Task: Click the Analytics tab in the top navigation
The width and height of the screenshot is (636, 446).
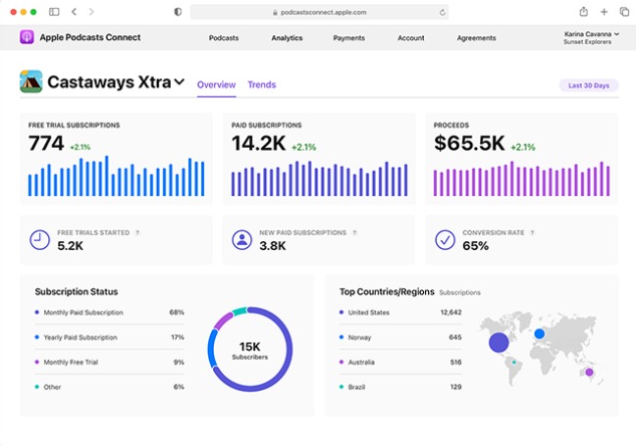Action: point(287,38)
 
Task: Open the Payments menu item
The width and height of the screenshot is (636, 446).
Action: point(348,38)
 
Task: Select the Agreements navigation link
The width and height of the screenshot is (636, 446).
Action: point(476,38)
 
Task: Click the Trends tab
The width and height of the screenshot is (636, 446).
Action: point(261,84)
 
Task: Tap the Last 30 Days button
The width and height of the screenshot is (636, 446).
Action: point(589,85)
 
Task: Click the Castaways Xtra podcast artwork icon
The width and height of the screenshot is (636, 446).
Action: point(30,82)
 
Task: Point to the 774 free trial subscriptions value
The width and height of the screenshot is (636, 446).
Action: point(46,144)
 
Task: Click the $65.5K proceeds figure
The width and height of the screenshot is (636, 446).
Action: point(469,144)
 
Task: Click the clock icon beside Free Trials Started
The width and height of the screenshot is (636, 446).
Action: point(39,239)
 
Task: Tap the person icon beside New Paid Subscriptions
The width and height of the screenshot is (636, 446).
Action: point(241,239)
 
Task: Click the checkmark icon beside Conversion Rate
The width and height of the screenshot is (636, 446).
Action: point(445,239)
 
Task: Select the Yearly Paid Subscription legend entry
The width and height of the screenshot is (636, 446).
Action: point(80,337)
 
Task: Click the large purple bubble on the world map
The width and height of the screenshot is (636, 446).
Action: point(499,342)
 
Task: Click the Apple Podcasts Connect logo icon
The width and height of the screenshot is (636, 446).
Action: point(26,37)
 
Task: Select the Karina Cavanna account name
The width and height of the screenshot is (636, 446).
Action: point(588,33)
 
